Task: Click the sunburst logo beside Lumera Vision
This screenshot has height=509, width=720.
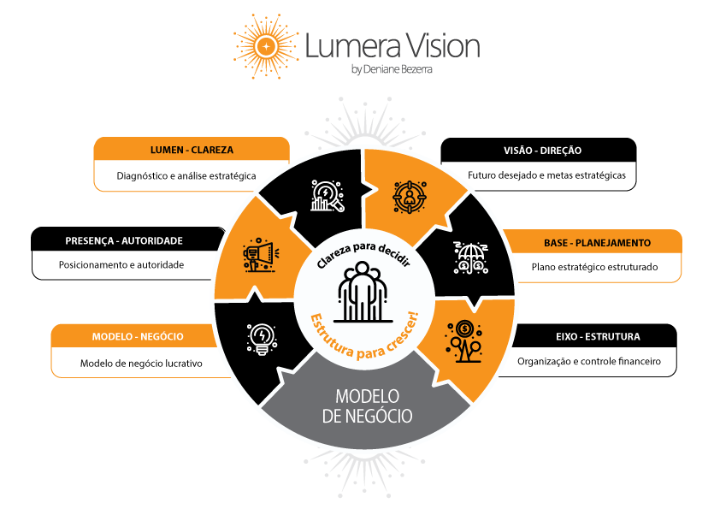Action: tap(267, 44)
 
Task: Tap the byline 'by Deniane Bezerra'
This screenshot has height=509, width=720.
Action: tap(392, 70)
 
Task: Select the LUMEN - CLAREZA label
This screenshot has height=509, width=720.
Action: tap(192, 150)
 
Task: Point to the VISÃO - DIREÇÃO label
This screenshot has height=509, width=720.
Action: tap(542, 151)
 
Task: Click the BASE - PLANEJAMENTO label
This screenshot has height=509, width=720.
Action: tap(597, 243)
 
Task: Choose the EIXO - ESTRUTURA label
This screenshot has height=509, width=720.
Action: tap(597, 336)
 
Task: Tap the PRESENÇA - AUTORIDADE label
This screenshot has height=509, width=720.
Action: tap(124, 241)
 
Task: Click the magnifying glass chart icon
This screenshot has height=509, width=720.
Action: tap(326, 196)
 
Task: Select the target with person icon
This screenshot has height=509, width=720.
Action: tap(408, 196)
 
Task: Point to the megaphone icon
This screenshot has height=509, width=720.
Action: tap(259, 254)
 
